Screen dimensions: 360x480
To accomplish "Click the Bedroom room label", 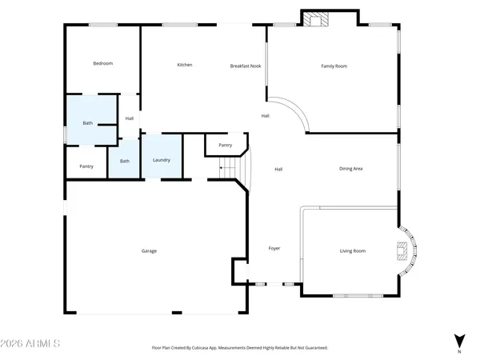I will coord(102,63).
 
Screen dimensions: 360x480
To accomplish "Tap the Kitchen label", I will coord(185,65).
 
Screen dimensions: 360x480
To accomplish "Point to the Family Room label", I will coord(334,66).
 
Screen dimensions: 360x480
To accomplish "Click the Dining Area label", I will coord(351,169).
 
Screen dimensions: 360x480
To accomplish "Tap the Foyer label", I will coord(274,250).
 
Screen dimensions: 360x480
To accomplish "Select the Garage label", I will coord(149,251).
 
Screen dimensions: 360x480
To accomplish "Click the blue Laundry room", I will coord(162,160).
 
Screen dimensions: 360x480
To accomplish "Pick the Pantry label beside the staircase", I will coord(226,146).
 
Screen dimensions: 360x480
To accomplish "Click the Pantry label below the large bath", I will coord(86,166).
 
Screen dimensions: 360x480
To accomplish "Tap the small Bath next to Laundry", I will coord(125,161).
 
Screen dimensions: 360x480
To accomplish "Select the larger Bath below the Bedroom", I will coord(88,123).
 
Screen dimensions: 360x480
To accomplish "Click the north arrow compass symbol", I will coord(458,341).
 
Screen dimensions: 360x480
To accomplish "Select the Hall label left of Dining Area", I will coord(279,169).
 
